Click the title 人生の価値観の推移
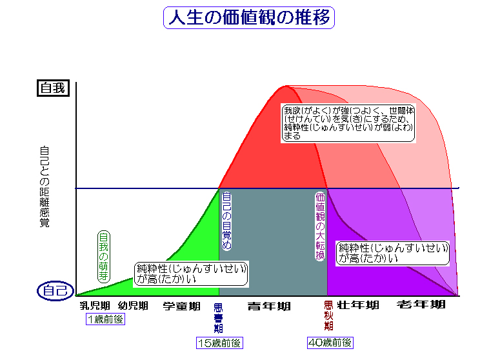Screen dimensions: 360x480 tap(250, 18)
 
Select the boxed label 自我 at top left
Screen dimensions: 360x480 tap(52, 88)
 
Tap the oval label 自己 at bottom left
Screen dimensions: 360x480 tap(54, 291)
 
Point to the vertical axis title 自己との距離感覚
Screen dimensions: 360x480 tap(45, 187)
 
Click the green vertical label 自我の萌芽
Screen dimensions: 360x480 tap(103, 256)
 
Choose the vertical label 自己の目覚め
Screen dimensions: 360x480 tap(226, 221)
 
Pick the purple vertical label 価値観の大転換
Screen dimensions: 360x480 tap(319, 227)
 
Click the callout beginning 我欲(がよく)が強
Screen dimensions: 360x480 tap(349, 123)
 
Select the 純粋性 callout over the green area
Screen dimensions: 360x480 tap(192, 274)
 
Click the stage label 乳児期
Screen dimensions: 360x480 tap(95, 306)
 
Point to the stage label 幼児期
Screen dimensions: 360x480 tap(134, 306)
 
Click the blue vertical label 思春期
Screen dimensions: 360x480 tap(218, 318)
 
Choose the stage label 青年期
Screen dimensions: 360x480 tap(269, 306)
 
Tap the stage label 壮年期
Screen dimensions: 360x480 tap(358, 305)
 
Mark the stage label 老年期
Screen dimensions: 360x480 tap(421, 305)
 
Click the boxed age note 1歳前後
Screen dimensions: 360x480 tap(105, 319)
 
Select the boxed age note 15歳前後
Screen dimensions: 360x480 tap(219, 343)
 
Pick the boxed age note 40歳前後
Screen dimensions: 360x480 tap(330, 343)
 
